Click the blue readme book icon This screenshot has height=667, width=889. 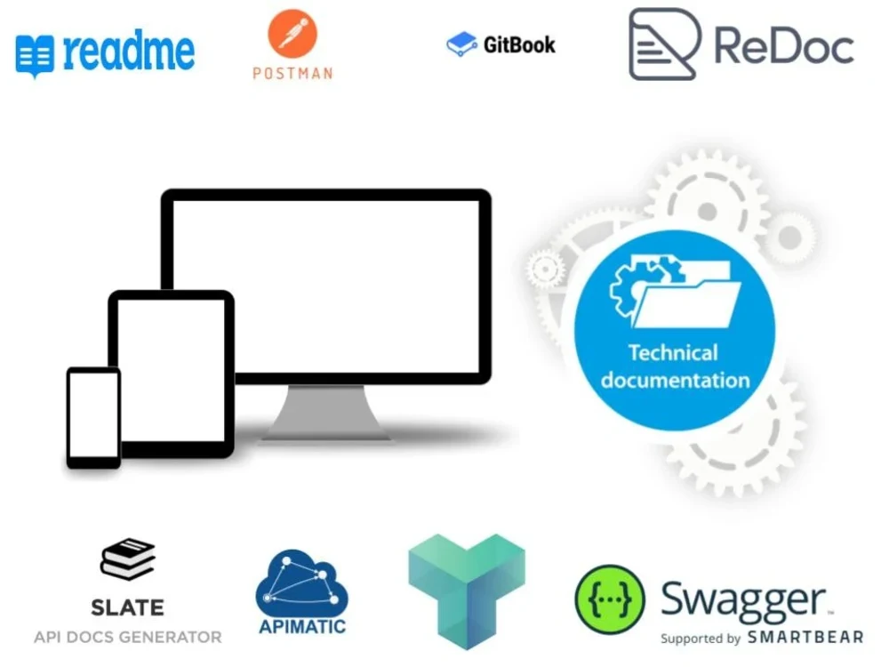[x=35, y=56]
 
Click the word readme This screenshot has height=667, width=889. [x=129, y=52]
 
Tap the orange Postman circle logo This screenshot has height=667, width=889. [x=292, y=34]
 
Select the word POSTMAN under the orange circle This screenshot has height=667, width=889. [x=292, y=73]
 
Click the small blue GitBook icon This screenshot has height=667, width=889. [x=461, y=44]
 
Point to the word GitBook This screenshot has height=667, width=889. [x=519, y=44]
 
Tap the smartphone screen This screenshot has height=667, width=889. [x=93, y=414]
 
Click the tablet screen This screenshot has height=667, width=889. [x=172, y=369]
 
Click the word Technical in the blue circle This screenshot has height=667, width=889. [x=673, y=353]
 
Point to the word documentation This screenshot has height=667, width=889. [x=675, y=381]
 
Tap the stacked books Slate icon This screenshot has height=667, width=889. [x=128, y=559]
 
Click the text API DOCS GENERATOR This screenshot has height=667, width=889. [x=128, y=637]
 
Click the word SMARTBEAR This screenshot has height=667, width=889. [x=805, y=638]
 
